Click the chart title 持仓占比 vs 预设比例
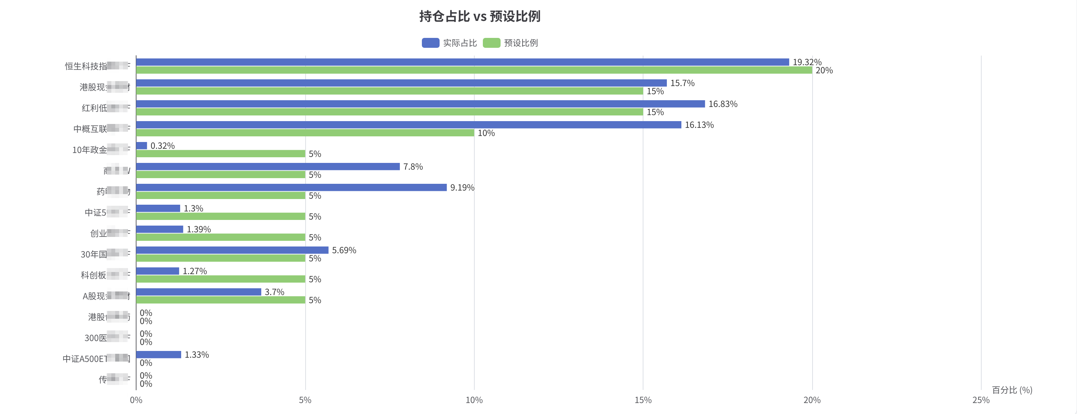[480, 16]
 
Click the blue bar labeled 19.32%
[462, 62]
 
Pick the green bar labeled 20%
[474, 70]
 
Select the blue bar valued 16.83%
[420, 104]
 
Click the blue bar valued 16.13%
[408, 125]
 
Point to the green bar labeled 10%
[305, 133]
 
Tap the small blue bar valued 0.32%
[142, 146]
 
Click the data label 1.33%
[196, 355]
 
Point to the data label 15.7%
[682, 83]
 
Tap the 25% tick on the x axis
[981, 400]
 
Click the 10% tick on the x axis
[474, 400]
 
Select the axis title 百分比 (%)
[1012, 390]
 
